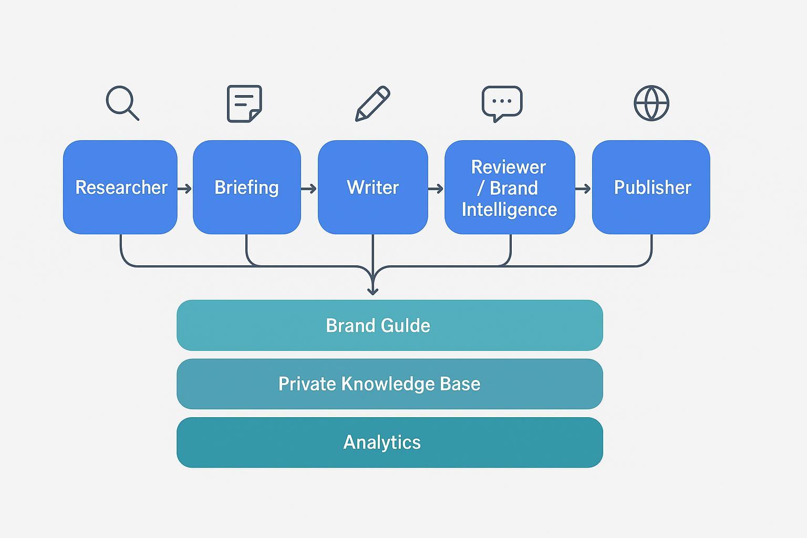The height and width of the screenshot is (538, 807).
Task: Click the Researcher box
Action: tap(120, 187)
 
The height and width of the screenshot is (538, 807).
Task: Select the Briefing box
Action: tap(246, 187)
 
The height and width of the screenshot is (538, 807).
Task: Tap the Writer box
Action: tap(373, 187)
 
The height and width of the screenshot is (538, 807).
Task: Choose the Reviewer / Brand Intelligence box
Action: tap(509, 187)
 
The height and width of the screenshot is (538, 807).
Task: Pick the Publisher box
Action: tap(651, 187)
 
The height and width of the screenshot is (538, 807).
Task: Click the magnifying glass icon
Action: tap(122, 103)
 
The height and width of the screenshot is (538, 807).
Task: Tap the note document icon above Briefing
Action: tap(244, 104)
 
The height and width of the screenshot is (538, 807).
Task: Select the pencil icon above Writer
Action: tap(373, 104)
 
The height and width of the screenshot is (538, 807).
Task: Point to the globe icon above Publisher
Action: tap(651, 103)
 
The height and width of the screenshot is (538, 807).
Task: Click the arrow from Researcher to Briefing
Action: tap(185, 189)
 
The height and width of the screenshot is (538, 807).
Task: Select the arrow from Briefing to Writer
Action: tap(309, 189)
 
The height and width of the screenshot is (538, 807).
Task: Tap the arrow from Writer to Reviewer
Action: tap(436, 189)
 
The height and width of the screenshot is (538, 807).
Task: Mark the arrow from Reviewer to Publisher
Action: tap(583, 189)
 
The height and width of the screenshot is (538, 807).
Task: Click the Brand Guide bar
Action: tap(389, 325)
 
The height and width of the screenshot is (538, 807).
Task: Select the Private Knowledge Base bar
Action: tap(389, 384)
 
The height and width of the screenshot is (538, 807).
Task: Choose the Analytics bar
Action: tap(389, 442)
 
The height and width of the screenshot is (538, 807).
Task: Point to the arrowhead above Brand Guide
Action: tap(373, 289)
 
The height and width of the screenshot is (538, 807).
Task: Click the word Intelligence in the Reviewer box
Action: tap(509, 210)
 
